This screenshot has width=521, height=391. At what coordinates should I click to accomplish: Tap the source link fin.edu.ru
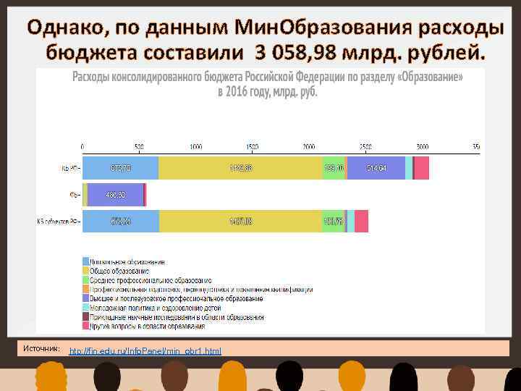coord(145,351)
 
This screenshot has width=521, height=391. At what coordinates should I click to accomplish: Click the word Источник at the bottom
coord(41,349)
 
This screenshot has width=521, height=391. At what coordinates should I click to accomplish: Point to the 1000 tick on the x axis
coord(195,146)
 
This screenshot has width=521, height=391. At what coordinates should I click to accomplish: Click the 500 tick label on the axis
coord(139,146)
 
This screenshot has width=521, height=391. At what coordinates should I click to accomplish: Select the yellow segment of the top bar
coord(240,168)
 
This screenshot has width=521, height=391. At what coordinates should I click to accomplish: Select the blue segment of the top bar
coord(120,168)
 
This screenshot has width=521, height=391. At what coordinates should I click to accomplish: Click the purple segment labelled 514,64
coord(376,168)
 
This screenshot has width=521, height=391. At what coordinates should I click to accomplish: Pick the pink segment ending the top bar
coord(421,168)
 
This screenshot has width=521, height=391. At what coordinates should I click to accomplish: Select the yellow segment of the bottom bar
coord(240,222)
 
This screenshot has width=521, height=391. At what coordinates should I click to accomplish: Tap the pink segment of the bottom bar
coord(361,222)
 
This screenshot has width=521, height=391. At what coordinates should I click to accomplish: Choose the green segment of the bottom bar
coord(333,222)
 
